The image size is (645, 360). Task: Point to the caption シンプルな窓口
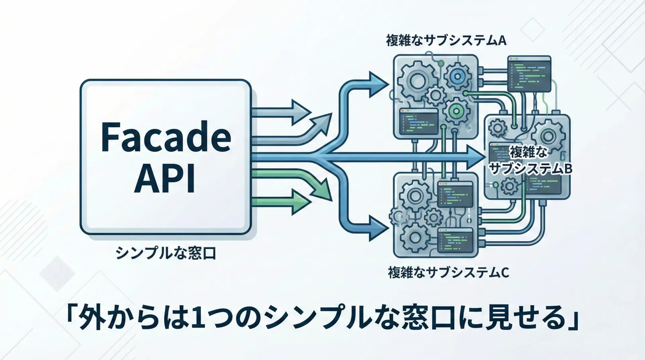click(166, 253)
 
